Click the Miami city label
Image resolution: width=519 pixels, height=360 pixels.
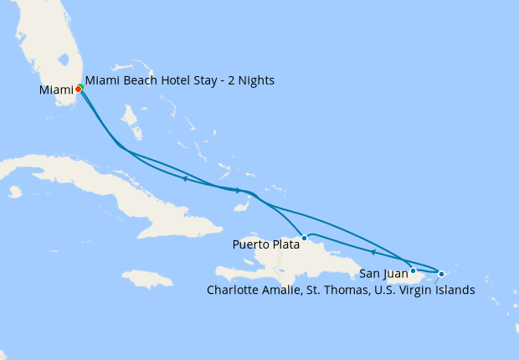(x=55, y=90)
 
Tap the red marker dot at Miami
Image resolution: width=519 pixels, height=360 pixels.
(x=78, y=89)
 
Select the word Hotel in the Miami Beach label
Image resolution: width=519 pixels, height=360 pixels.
(x=179, y=81)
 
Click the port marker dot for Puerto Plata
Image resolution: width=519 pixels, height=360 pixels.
(x=305, y=239)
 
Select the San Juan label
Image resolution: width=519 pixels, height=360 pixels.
(x=383, y=272)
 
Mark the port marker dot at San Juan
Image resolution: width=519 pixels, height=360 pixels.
(x=414, y=270)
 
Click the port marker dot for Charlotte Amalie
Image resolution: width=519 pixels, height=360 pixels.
(x=442, y=274)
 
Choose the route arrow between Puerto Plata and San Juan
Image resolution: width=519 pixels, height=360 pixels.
(x=372, y=251)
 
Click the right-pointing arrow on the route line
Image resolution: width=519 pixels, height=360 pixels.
(x=238, y=191)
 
